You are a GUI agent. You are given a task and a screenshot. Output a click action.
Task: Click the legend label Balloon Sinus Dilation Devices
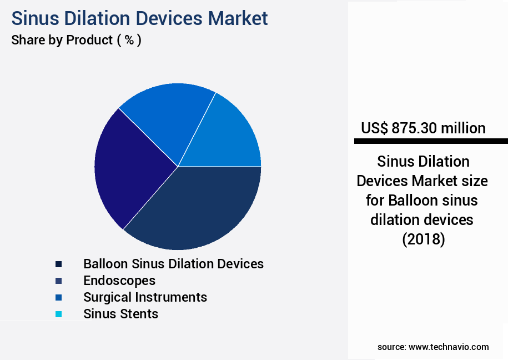point(173,263)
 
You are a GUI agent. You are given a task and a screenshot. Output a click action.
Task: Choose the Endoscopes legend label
point(119,280)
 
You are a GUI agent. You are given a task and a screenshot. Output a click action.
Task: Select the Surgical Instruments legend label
point(145,297)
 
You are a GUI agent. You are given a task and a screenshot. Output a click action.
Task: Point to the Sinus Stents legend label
point(120,313)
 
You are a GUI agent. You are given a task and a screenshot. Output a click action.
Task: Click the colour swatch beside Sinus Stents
point(58,314)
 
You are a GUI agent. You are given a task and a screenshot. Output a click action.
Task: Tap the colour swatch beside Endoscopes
point(58,281)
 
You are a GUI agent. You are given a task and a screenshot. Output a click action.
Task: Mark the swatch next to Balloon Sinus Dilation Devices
point(58,264)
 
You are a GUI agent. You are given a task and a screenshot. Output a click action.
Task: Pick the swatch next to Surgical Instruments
point(58,297)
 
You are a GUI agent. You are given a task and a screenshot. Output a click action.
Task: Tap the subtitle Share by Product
point(62,41)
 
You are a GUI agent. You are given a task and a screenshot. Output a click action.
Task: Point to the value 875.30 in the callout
point(415,128)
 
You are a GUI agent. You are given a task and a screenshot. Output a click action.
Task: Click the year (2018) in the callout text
point(423,239)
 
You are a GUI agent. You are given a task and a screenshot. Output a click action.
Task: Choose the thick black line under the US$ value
point(431,142)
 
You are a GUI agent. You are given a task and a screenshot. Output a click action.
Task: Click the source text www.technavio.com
point(449,347)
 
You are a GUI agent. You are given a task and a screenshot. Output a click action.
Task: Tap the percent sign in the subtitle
point(129,41)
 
